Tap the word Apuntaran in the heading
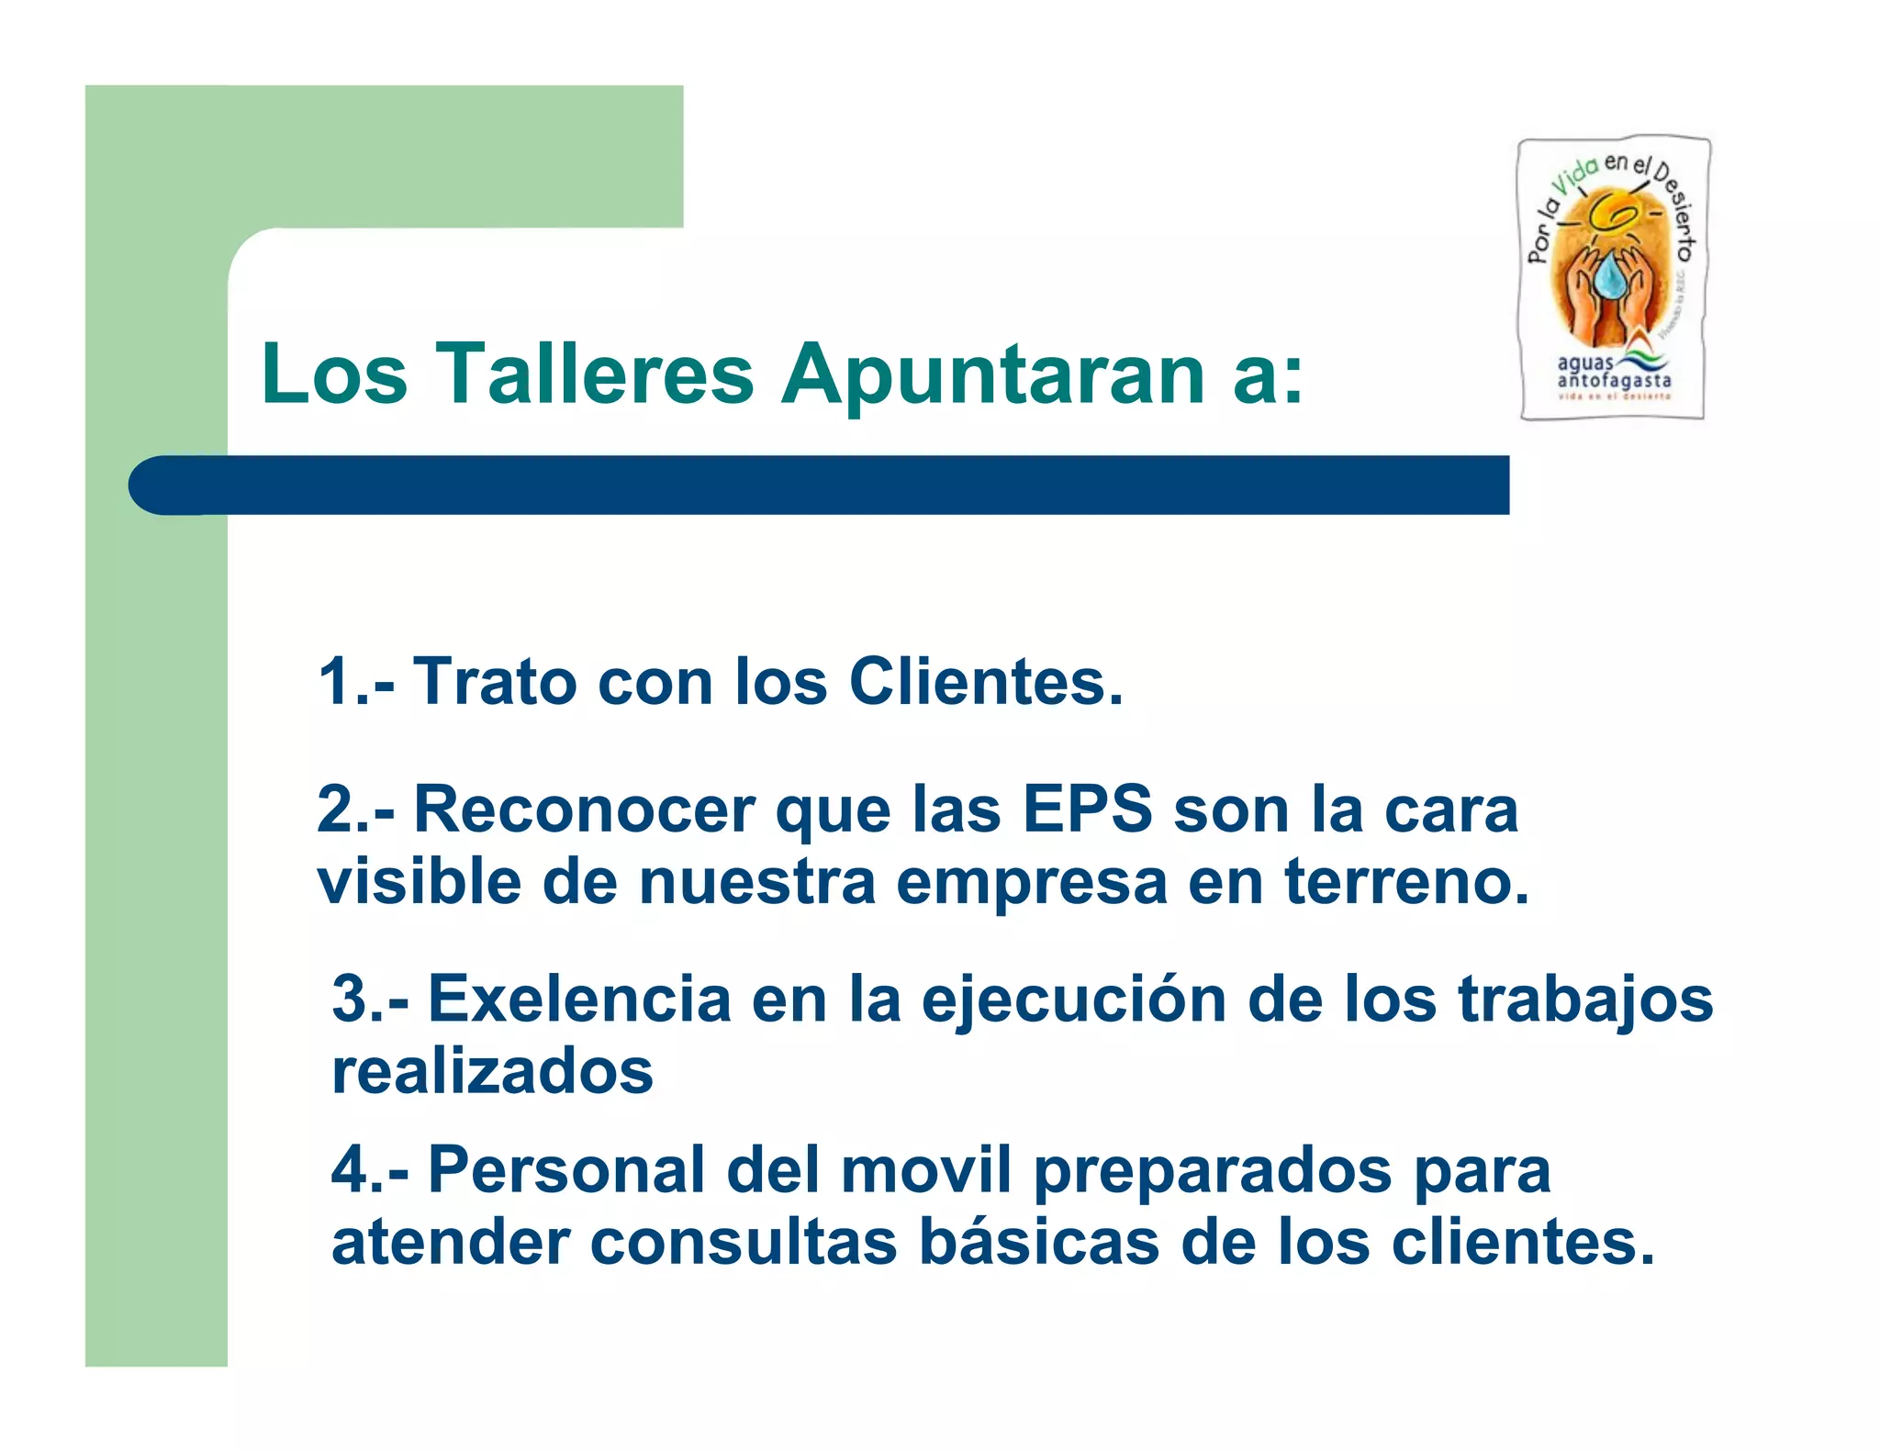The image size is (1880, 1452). pyautogui.click(x=993, y=375)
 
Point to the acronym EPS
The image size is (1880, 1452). pyautogui.click(x=1087, y=810)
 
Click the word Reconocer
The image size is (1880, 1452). pyautogui.click(x=584, y=810)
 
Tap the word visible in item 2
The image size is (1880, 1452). pyautogui.click(x=419, y=881)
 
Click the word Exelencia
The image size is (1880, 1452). pyautogui.click(x=578, y=999)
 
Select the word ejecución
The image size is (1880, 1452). pyautogui.click(x=1074, y=999)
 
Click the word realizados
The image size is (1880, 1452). pyautogui.click(x=492, y=1070)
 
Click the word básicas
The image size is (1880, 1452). pyautogui.click(x=1039, y=1241)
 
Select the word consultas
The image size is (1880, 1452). pyautogui.click(x=743, y=1241)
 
